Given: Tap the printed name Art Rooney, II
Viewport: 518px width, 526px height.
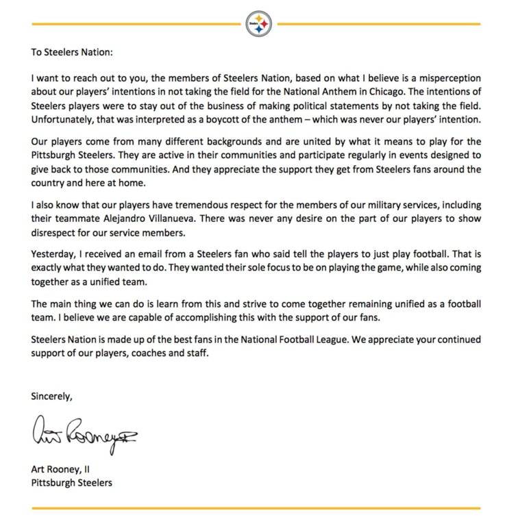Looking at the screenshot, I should pyautogui.click(x=66, y=469).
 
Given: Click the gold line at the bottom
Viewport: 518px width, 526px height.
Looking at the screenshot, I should pyautogui.click(x=259, y=509).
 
